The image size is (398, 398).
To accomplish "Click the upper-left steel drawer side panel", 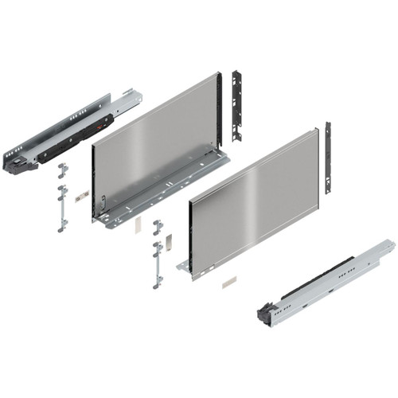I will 155,147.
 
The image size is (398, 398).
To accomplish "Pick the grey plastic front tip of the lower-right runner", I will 267,314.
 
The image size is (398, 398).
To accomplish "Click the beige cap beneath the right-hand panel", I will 229,281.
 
